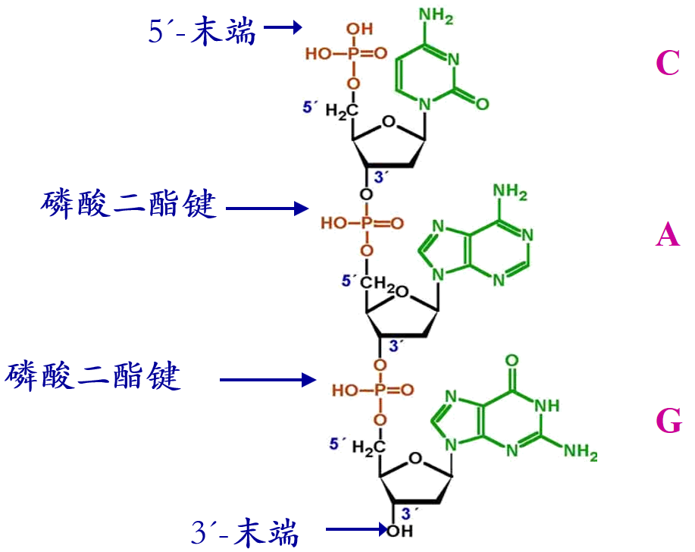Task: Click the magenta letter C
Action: tap(668, 62)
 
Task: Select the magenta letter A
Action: tap(668, 234)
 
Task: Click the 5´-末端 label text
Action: tap(202, 30)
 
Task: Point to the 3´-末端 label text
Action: tap(245, 532)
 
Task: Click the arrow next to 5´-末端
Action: tap(283, 27)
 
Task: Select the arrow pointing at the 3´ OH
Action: tap(357, 529)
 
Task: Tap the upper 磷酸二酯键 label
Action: tap(129, 205)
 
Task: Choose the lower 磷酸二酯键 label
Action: tap(92, 376)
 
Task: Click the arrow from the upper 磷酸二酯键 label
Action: tap(268, 208)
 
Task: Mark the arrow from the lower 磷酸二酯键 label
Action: tap(268, 380)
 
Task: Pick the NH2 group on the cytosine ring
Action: tap(436, 16)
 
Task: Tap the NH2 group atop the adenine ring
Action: tap(510, 192)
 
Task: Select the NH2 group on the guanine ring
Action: tap(581, 451)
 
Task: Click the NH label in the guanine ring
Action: tap(547, 405)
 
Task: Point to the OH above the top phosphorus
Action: tap(359, 30)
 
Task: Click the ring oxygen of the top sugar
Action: tap(389, 121)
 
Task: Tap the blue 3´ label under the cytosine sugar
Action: tap(380, 177)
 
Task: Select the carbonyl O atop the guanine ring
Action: tap(512, 360)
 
